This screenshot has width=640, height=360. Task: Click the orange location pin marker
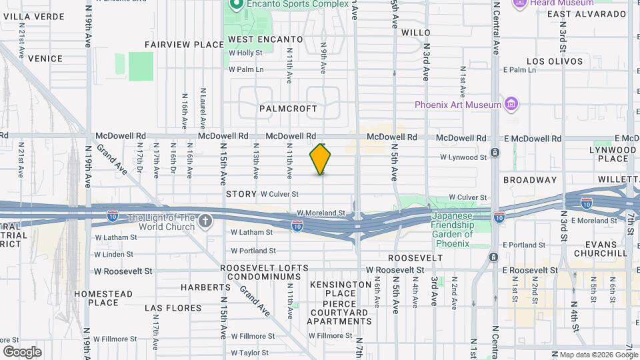[x=320, y=159]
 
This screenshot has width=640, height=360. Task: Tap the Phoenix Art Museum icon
[x=511, y=105]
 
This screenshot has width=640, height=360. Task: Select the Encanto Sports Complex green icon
[x=235, y=4]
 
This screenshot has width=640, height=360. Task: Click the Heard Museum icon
[x=520, y=3]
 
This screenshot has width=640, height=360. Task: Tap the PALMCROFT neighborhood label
[x=288, y=108]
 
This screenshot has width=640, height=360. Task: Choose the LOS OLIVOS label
[x=555, y=61]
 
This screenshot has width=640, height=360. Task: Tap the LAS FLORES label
[x=173, y=309]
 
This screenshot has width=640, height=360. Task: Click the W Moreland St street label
[x=321, y=213]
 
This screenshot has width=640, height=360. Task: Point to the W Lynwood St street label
[x=463, y=157]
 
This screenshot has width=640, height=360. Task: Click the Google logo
[x=22, y=351]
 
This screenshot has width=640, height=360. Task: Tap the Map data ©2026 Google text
[x=597, y=355]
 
